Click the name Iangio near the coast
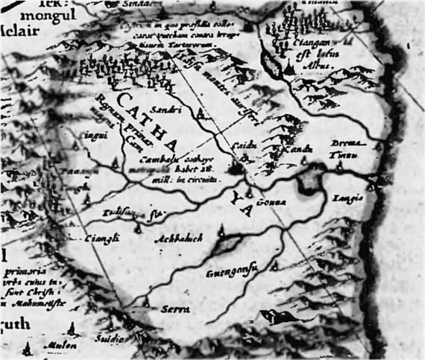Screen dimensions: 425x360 (x=352, y=198)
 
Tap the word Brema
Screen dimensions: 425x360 (x=348, y=143)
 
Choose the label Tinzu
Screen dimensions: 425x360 (x=350, y=154)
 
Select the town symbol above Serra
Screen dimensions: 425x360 (x=148, y=300)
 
